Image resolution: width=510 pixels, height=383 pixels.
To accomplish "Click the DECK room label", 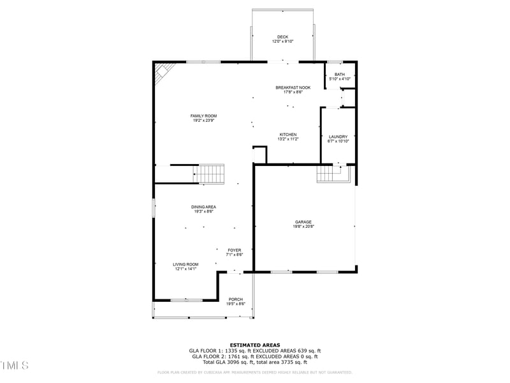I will (x=282, y=36).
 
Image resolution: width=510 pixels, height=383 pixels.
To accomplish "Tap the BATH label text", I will (x=340, y=74).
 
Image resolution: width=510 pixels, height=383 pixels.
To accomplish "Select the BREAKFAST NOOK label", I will (x=293, y=87).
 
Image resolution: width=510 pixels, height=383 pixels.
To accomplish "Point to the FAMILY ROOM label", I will (x=203, y=116).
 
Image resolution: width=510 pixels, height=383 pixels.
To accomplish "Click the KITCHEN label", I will (x=288, y=134).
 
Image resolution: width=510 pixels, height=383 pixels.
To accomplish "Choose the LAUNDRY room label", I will (x=338, y=137).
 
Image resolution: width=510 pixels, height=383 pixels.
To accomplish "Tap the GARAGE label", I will (x=303, y=222).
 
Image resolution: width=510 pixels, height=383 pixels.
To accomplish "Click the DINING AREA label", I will (x=203, y=207).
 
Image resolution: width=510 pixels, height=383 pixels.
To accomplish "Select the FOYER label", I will (x=235, y=250).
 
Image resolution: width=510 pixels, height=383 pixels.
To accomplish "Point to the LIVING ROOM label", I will (x=186, y=264).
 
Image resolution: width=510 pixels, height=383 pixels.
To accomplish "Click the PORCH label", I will (x=236, y=299).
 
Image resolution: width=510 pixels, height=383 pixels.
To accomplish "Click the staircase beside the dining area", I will (x=210, y=174).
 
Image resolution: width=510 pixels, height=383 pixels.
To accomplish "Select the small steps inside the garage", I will (x=329, y=173).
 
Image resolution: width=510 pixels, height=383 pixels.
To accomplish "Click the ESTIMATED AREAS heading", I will (x=255, y=345).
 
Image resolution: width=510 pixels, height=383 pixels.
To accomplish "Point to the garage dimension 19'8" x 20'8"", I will (x=303, y=226).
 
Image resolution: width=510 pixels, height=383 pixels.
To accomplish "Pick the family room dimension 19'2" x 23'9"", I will (x=203, y=120).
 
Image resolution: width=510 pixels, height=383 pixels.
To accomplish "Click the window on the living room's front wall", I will (x=186, y=299).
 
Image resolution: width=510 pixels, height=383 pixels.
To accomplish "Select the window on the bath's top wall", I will (x=335, y=62).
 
